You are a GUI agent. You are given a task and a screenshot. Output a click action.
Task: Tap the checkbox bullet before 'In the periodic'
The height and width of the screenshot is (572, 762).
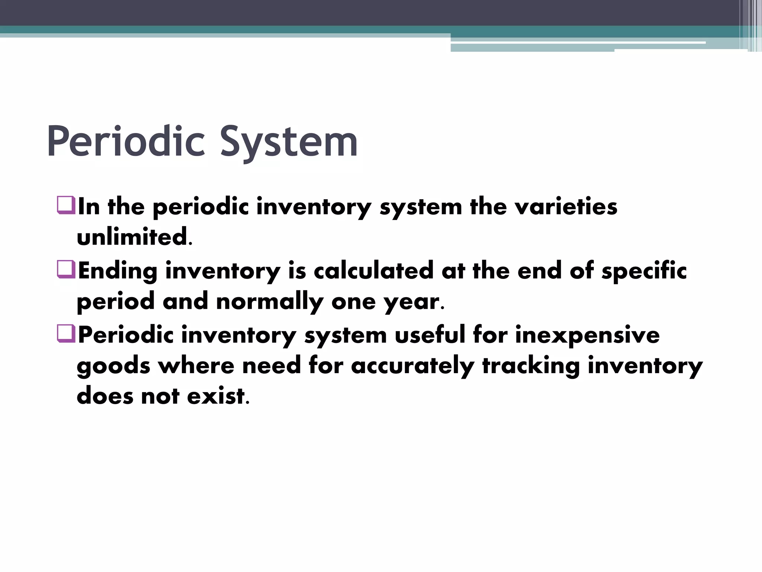tap(66, 206)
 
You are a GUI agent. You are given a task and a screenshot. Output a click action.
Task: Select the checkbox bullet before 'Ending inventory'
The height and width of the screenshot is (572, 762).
tap(66, 270)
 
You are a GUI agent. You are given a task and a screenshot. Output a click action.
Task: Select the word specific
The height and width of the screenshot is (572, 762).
tap(644, 271)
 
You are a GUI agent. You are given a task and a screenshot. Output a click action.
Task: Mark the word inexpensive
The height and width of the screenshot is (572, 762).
tap(587, 335)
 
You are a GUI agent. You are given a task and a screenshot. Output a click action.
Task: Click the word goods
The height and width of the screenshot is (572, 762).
tap(113, 366)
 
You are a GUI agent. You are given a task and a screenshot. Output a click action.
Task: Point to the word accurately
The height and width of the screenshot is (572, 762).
tap(412, 366)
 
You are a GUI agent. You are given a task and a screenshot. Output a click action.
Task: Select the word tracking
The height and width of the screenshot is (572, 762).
tap(531, 366)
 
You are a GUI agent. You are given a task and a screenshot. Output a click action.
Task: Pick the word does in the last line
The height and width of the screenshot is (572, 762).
tap(105, 396)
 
